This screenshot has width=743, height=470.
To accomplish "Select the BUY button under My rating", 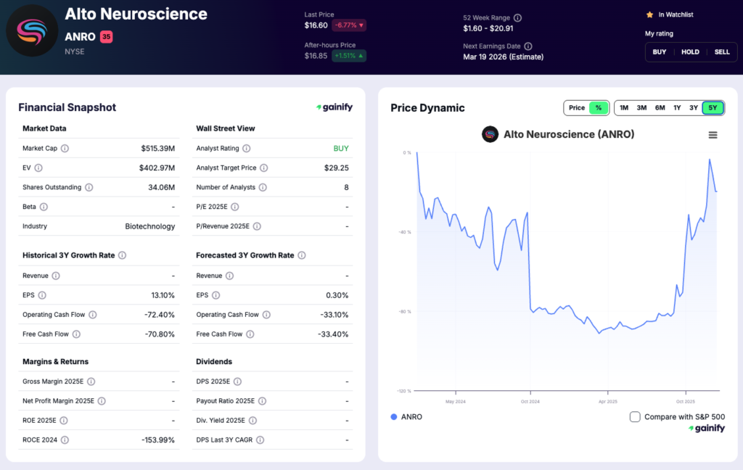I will (659, 52).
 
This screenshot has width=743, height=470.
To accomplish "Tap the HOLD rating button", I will (690, 52).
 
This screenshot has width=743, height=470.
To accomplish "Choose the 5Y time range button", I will (713, 108).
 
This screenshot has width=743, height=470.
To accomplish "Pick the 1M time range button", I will (624, 108).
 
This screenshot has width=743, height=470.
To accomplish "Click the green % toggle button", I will (599, 108).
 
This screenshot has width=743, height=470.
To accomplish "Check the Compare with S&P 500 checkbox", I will (635, 417).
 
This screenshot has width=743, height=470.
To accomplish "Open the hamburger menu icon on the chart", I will (713, 135).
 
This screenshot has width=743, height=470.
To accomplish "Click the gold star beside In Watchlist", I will (649, 15).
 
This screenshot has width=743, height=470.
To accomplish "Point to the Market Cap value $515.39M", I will (157, 149).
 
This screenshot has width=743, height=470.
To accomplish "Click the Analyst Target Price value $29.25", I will (336, 168).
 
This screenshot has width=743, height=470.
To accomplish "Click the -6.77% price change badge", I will (349, 25).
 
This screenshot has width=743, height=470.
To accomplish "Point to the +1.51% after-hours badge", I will (349, 56).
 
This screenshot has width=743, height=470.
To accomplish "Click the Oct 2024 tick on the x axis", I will (530, 400).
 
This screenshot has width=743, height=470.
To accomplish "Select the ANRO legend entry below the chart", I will (406, 417).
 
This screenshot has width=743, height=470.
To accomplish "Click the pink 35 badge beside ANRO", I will (106, 36).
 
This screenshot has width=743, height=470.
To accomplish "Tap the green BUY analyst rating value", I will (341, 149).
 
